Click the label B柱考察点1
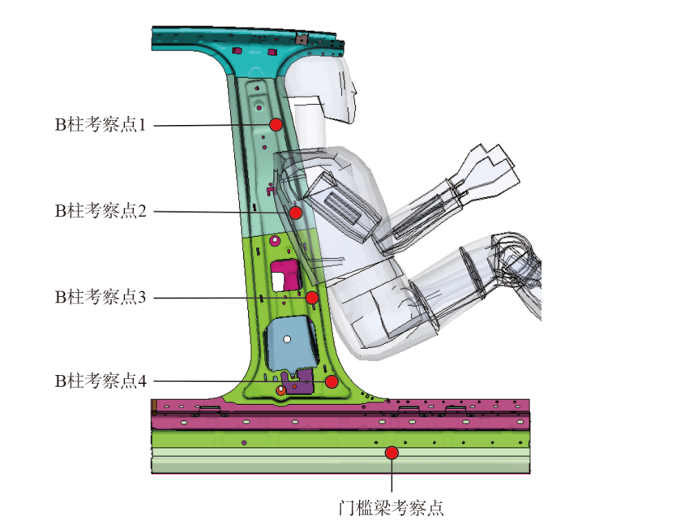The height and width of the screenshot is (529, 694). tap(100, 125)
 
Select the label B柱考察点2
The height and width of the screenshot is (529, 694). tap(100, 211)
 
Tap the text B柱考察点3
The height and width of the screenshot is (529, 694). tap(100, 297)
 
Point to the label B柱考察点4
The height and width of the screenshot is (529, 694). tap(100, 381)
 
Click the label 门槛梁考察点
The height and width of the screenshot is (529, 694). tap(391, 509)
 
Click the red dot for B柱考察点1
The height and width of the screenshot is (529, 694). tap(276, 124)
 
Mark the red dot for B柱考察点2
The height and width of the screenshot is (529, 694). tap(296, 213)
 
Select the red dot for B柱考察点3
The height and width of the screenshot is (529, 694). tap(312, 297)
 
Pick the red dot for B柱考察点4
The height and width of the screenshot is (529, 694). tap(331, 381)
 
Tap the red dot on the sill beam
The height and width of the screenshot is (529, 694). tap(392, 452)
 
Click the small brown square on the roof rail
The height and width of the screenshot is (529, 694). tap(299, 37)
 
